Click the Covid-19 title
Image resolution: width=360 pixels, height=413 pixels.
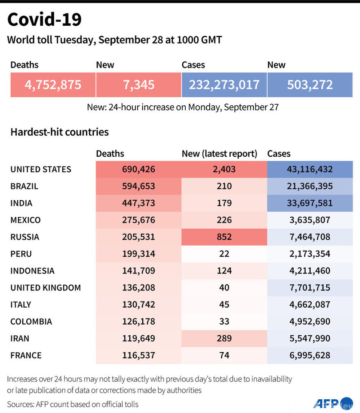point(44,20)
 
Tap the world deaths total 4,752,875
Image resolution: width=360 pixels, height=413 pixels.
point(53,84)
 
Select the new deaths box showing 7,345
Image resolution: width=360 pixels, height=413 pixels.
point(138,84)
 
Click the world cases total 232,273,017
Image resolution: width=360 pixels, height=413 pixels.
point(224,84)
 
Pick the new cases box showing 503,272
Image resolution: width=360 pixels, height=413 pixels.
point(310,84)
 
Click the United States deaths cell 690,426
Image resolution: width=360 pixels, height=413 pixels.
point(138,169)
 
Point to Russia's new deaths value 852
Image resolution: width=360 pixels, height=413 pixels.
point(224,237)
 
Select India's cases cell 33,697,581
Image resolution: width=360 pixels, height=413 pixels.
point(310,203)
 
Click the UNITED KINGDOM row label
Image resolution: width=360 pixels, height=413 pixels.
point(46,288)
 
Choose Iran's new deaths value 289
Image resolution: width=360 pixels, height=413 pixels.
point(224,338)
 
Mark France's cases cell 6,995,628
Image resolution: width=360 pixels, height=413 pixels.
point(310,355)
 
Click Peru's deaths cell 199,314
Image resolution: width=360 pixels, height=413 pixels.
point(138,254)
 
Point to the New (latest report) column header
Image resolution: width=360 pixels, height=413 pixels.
point(220,154)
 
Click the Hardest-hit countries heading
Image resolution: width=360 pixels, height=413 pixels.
point(60,132)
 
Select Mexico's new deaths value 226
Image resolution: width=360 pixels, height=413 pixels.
point(224,220)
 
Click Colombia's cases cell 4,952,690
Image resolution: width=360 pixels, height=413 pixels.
point(310,322)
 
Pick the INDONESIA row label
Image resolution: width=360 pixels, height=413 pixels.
point(32,271)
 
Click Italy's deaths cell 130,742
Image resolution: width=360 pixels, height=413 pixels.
point(138,305)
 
